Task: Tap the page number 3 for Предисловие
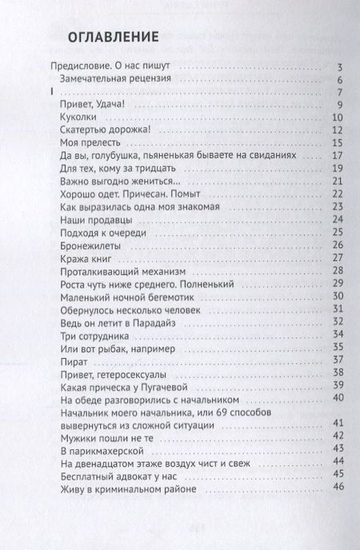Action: pyautogui.click(x=340, y=67)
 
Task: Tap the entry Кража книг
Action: pyautogui.click(x=88, y=258)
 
